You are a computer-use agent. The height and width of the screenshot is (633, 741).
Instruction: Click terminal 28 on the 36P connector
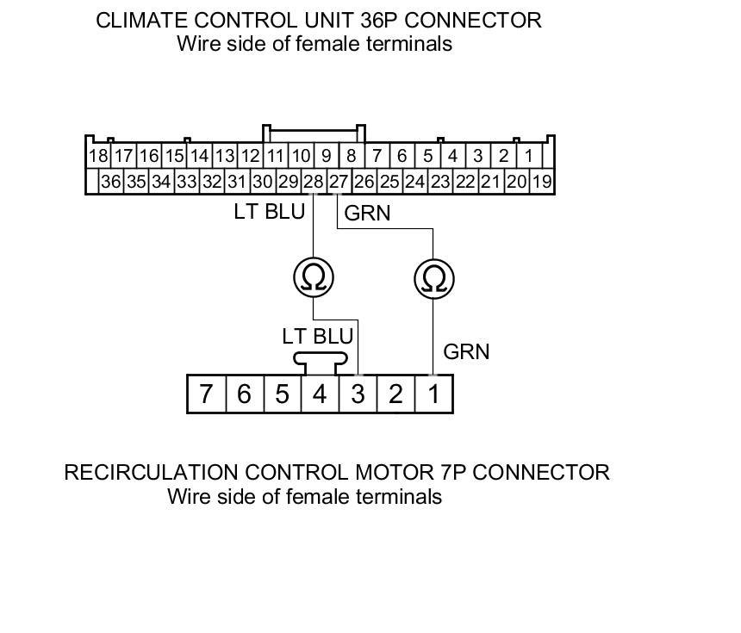pos(314,182)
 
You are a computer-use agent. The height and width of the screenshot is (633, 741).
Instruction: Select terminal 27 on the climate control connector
pos(339,182)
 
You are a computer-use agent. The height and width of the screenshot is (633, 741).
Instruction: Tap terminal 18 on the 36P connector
pos(97,156)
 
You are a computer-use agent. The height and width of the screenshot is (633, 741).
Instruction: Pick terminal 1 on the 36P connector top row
pos(528,156)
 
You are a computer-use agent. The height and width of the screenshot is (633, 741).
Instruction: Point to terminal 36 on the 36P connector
pos(110,182)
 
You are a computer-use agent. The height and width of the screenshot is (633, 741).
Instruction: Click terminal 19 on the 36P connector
pos(541,182)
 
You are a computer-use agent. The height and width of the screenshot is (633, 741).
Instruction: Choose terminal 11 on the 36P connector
pos(275,156)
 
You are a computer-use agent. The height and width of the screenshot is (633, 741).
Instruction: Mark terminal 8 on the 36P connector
pos(351,156)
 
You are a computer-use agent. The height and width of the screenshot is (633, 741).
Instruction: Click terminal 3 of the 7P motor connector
pos(358,394)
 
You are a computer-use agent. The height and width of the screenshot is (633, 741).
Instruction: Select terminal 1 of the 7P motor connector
pos(433,394)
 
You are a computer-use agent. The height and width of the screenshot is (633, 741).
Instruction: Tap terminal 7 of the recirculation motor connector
pos(206,394)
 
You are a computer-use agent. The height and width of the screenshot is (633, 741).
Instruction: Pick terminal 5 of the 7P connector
pos(282,394)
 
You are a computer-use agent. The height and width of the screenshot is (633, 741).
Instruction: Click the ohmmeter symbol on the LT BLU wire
pos(313,277)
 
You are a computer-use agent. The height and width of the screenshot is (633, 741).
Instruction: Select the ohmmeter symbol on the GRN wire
pos(433,278)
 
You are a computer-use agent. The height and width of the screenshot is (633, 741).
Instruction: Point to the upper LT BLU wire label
pos(269,212)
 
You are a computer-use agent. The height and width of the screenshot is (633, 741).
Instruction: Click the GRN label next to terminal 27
pos(367,213)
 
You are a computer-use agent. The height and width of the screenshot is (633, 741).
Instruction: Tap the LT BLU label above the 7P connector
pos(317,336)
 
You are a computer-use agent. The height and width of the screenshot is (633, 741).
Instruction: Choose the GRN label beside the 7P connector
pos(466,351)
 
